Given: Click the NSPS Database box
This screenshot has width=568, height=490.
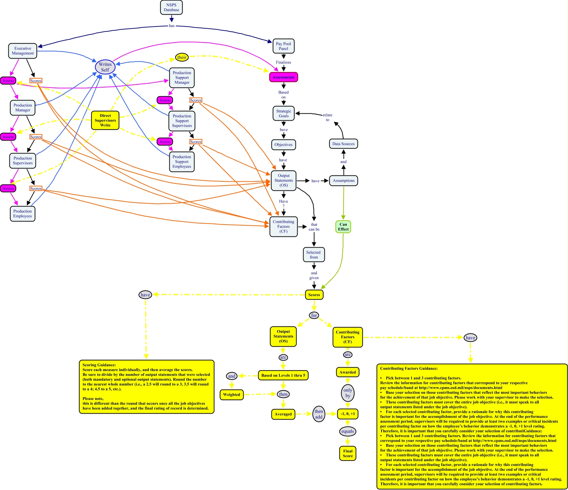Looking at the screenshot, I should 171,7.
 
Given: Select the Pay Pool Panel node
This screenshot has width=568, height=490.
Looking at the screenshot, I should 283,46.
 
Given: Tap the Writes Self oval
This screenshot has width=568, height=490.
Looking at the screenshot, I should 105,67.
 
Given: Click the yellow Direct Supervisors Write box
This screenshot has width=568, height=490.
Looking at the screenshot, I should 105,120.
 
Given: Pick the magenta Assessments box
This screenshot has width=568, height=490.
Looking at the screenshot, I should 283,77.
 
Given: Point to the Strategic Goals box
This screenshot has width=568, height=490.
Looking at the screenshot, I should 283,113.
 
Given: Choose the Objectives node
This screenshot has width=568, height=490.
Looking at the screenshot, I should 283,145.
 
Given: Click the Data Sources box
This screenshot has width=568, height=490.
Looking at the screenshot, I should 343,144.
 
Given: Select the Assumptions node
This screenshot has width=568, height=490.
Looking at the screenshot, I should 343,181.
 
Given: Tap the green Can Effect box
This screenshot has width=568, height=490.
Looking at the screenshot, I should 343,227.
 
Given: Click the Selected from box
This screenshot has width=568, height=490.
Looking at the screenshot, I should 314,255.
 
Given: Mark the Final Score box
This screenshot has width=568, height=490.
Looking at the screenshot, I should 348,453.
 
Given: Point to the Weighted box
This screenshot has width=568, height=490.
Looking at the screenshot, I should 231,394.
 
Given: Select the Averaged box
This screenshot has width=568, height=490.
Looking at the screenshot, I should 283,414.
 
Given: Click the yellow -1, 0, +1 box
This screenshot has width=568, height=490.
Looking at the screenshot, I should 348,414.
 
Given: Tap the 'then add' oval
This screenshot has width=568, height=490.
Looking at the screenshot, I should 318,414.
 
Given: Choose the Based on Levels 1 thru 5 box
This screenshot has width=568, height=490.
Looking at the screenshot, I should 283,375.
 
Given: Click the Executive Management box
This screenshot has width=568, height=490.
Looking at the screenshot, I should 23,51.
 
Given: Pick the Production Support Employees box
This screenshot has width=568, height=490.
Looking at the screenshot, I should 182,162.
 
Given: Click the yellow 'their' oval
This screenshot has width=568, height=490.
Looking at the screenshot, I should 182,57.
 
